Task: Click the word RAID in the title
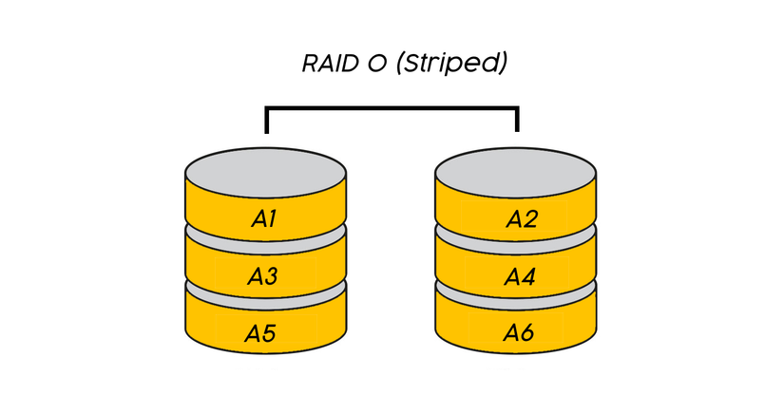pyautogui.click(x=329, y=65)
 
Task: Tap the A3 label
pyautogui.click(x=263, y=276)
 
